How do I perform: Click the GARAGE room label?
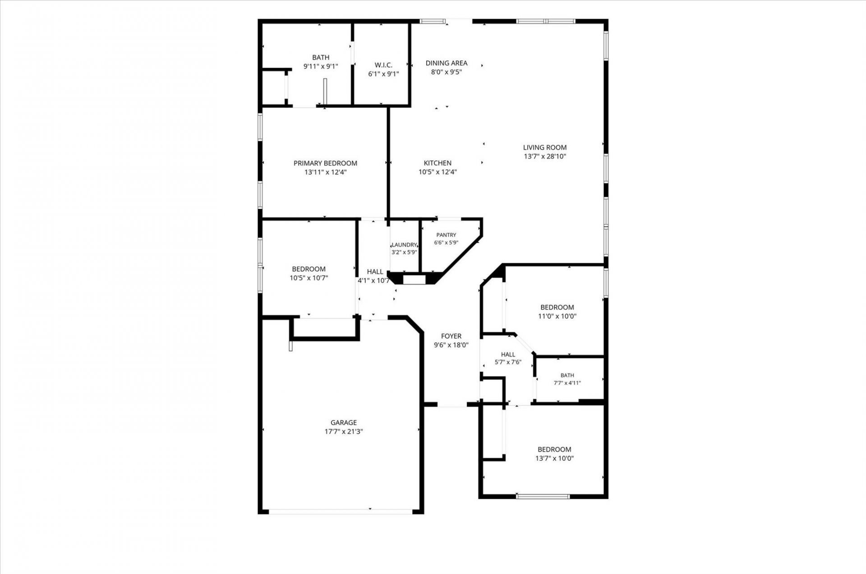coord(344,422)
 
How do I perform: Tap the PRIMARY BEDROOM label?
coord(325,163)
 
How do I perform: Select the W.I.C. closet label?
coord(383,65)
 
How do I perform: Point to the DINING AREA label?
coord(447,63)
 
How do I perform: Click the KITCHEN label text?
coord(438,163)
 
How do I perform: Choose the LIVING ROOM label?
coord(545,147)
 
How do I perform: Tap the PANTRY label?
coord(446,235)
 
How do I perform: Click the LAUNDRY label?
coord(404,245)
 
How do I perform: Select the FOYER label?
coord(451,336)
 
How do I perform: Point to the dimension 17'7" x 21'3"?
coord(344,432)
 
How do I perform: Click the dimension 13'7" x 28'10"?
coord(545,156)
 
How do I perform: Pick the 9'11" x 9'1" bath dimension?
coord(321,66)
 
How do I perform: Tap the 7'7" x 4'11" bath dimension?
coord(567,383)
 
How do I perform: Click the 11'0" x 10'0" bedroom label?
coord(557,316)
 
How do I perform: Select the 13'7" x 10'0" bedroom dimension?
coord(554,458)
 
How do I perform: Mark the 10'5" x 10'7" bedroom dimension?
coord(309,278)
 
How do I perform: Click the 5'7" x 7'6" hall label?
coord(508,362)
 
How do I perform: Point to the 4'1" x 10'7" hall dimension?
coord(374,280)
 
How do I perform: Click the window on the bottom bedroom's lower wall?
coord(543,496)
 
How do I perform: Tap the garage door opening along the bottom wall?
coord(341,511)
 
